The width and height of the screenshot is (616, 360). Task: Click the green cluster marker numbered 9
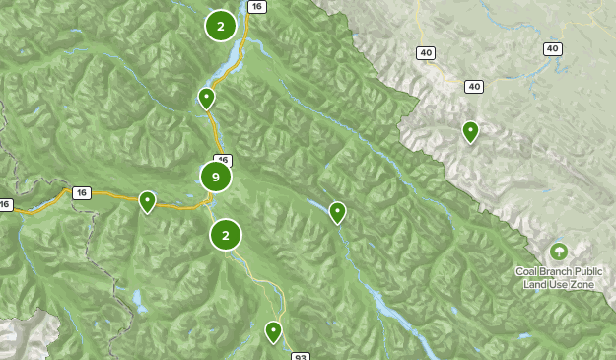[215, 177]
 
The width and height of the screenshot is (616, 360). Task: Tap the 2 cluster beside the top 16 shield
[221, 26]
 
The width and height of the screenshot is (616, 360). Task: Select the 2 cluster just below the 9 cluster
[226, 235]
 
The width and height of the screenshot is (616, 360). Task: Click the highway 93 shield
[299, 356]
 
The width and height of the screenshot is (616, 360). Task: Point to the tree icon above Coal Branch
[559, 252]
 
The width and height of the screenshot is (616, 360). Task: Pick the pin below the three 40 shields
[471, 130]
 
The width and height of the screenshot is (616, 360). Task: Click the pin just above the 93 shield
[273, 331]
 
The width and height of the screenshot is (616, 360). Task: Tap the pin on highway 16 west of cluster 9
[147, 201]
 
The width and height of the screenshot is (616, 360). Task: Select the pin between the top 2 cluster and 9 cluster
[206, 98]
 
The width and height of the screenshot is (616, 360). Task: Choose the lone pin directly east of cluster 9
[337, 211]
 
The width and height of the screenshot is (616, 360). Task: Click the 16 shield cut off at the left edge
[5, 205]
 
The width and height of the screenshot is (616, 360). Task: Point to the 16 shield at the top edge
[256, 6]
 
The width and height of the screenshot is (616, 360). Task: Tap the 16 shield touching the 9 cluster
[222, 160]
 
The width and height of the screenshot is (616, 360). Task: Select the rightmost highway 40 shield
[552, 48]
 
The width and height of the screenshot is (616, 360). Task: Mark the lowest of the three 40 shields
[475, 87]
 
